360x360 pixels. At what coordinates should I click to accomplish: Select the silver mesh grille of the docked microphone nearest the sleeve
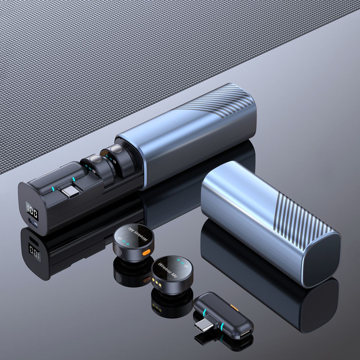(116, 149)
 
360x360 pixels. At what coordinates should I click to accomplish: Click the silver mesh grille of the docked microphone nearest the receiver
(96, 159)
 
